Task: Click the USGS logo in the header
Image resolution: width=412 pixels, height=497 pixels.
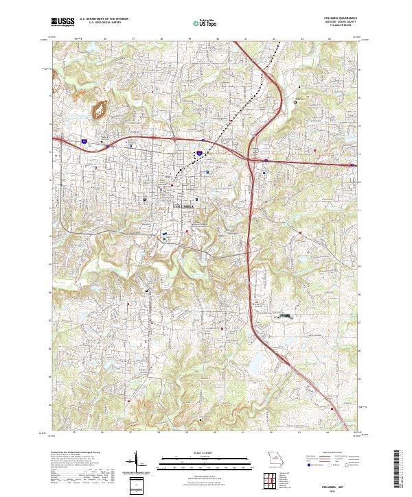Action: point(62,23)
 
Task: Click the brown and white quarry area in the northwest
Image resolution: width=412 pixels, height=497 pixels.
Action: point(100,108)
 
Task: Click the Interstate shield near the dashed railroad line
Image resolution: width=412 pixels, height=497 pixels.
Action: point(199,154)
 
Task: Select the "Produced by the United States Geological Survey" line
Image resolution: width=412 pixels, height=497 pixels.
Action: point(72,453)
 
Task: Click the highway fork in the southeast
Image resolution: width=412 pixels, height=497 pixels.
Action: point(279,356)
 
